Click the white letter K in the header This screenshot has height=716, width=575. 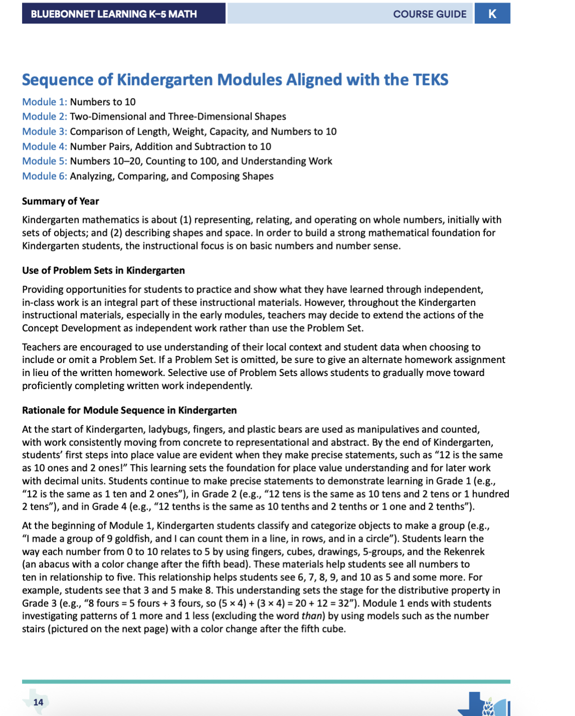492,14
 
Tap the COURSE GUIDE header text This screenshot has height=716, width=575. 429,14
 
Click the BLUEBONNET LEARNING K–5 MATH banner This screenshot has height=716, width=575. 114,14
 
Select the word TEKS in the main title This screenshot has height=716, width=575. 430,80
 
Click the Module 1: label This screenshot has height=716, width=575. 45,102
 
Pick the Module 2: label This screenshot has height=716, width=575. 45,117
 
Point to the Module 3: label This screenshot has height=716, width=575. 45,132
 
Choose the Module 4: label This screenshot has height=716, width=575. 45,147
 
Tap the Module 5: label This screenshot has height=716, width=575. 45,161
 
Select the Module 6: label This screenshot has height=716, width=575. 45,176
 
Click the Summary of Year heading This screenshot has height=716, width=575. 61,201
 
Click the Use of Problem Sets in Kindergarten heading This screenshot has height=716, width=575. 103,271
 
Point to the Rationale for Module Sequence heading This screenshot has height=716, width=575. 129,411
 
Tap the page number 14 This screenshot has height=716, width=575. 38,702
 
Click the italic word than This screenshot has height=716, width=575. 313,616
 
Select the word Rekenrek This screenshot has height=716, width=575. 464,552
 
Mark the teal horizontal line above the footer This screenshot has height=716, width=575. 266,681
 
